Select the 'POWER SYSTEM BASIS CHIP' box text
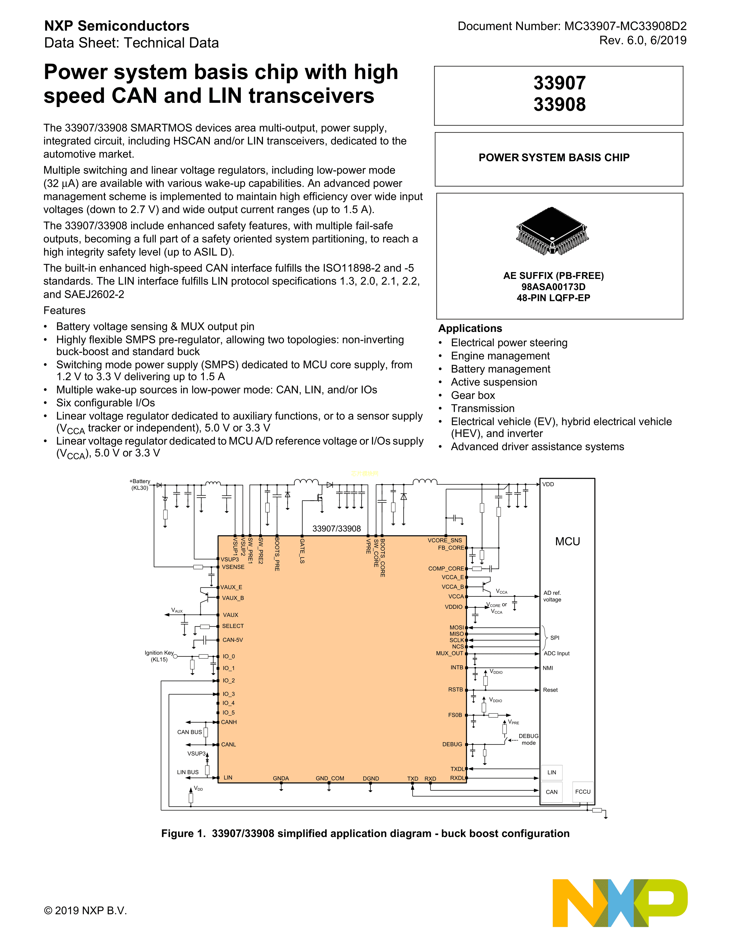[554, 157]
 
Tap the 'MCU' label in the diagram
[567, 541]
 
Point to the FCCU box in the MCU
[583, 792]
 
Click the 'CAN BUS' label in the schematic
[190, 732]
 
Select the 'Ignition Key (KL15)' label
[159, 656]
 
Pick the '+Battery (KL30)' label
[140, 484]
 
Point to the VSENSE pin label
[233, 567]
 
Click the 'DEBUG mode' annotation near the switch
[528, 739]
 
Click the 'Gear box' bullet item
[473, 395]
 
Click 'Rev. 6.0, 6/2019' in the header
[643, 41]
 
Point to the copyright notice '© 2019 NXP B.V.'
[86, 910]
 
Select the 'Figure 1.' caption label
[184, 833]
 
